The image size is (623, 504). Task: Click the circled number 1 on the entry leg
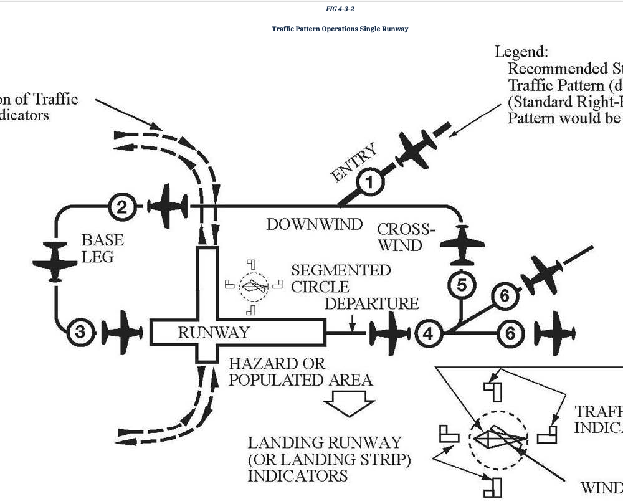tap(370, 183)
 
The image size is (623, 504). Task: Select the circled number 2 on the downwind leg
tap(123, 207)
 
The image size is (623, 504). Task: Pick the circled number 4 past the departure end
tap(428, 333)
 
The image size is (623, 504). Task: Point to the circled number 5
tap(462, 285)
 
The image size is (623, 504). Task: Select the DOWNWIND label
tap(315, 224)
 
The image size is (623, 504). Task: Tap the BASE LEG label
tap(102, 247)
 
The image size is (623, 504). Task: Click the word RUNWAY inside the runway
tap(214, 333)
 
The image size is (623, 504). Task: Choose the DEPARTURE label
tap(371, 303)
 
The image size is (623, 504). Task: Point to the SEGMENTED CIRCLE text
tap(341, 278)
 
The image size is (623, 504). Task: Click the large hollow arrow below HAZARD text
tap(348, 402)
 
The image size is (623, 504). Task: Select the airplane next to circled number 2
tap(166, 206)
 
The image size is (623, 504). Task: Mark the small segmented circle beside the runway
tap(253, 287)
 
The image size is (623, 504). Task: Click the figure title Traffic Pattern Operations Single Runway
tap(340, 29)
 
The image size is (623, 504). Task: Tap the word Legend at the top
tap(521, 52)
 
